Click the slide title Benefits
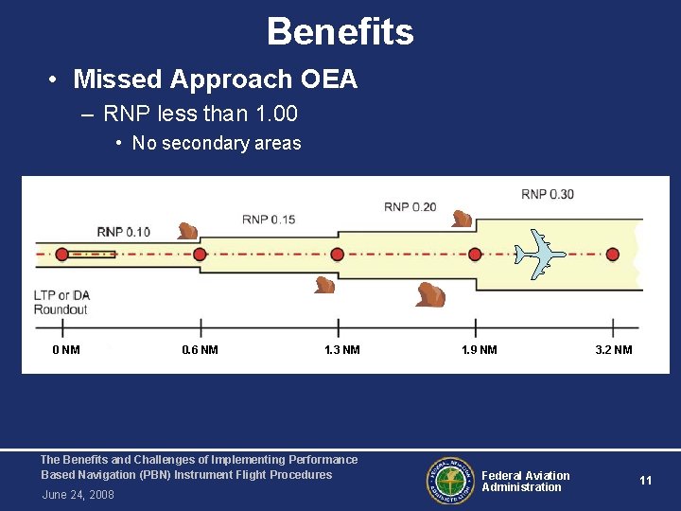[x=340, y=31]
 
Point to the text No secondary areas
[x=216, y=144]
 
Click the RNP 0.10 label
[x=123, y=232]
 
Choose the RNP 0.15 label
[x=269, y=220]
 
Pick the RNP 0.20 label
[x=410, y=206]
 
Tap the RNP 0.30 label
[x=547, y=195]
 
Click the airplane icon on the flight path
[x=539, y=253]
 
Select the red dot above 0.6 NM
[x=200, y=255]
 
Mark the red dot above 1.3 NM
[x=338, y=255]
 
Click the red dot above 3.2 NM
[x=613, y=255]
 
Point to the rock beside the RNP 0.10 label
[x=187, y=230]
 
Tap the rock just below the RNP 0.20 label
[x=462, y=219]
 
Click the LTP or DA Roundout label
[x=61, y=303]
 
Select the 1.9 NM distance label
[x=479, y=350]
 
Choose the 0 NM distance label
[x=66, y=350]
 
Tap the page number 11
[x=645, y=481]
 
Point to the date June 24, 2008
[x=78, y=495]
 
